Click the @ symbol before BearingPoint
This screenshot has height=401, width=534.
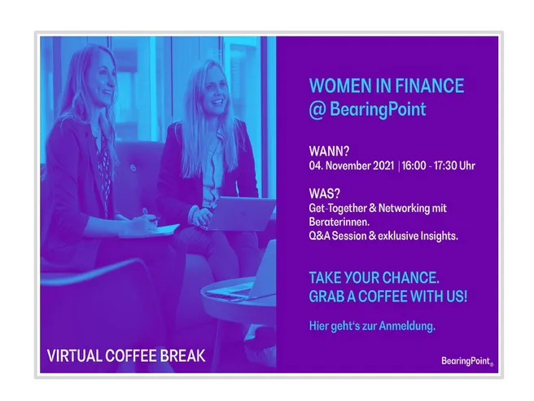pos(317,109)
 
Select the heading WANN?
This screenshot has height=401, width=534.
pos(329,151)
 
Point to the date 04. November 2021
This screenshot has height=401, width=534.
pos(352,165)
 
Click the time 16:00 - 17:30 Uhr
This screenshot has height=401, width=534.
pos(438,165)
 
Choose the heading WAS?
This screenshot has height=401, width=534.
pos(324,194)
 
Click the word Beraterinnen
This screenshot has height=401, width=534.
pos(339,222)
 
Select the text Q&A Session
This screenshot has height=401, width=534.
pos(338,236)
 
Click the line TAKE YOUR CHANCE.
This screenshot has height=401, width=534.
pos(374,278)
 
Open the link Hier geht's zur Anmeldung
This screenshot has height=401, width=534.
pos(372,326)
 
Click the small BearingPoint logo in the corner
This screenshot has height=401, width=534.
pos(467,361)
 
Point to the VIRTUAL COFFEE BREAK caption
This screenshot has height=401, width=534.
pos(126,356)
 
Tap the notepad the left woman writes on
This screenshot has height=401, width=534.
pos(150,230)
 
